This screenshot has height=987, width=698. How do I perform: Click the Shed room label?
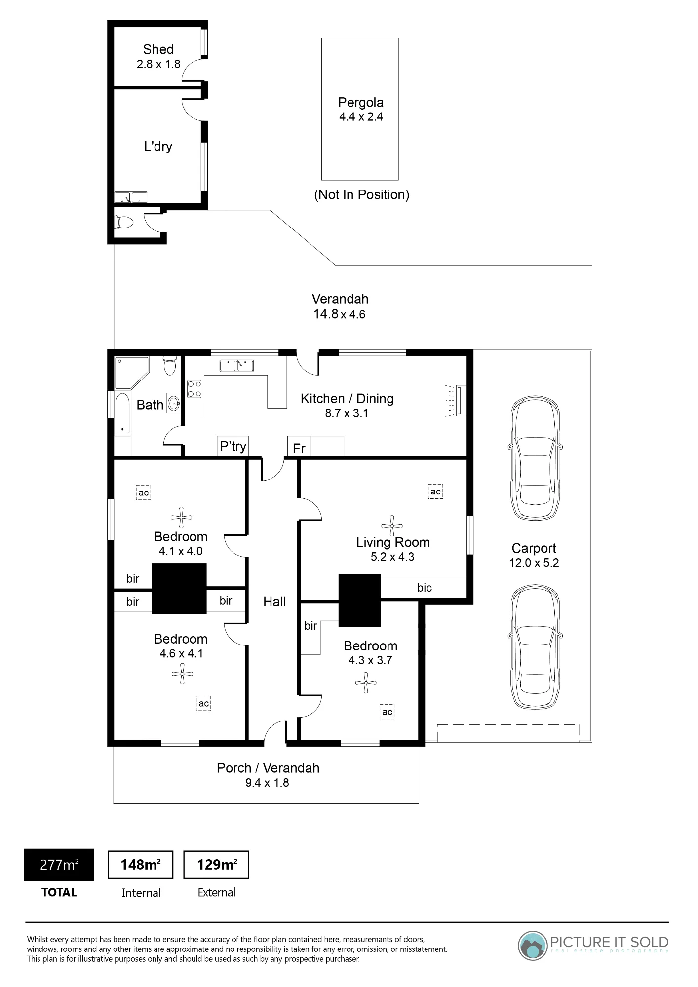[158, 49]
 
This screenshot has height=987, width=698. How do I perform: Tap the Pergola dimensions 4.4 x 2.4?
[361, 117]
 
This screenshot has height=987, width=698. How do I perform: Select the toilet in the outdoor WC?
[124, 222]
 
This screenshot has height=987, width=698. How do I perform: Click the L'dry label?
[158, 146]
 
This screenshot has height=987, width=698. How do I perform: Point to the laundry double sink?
[131, 198]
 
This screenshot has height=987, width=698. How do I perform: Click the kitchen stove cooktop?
[194, 388]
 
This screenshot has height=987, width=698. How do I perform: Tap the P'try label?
[233, 446]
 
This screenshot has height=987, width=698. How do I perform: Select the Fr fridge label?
[299, 448]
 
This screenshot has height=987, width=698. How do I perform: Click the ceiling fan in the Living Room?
[392, 526]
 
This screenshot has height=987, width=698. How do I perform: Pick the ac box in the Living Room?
[435, 492]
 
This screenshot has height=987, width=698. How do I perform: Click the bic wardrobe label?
[424, 588]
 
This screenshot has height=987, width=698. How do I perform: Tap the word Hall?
[274, 602]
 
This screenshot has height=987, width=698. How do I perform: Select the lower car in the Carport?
[536, 646]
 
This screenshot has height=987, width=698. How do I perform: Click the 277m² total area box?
[59, 865]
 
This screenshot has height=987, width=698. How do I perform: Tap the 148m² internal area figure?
[140, 865]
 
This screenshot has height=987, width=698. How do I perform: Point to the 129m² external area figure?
[217, 865]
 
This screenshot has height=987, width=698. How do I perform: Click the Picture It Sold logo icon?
[533, 946]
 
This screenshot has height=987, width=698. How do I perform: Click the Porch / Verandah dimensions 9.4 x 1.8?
[267, 783]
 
